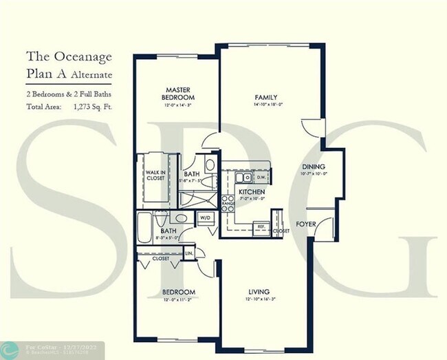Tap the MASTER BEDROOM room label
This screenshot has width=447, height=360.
[x=179, y=93]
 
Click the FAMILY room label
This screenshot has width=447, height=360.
[x=265, y=97]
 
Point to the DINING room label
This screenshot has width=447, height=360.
[x=314, y=167]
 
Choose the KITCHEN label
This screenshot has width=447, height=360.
[x=252, y=191]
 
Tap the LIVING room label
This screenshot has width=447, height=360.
[x=259, y=291]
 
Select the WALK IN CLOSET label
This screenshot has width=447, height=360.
[x=155, y=175]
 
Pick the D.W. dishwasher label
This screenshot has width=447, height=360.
[x=261, y=177]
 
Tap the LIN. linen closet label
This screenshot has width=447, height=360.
[x=190, y=254]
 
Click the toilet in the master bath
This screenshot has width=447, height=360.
[x=209, y=165]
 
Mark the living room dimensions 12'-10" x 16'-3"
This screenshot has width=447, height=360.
[x=259, y=300]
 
